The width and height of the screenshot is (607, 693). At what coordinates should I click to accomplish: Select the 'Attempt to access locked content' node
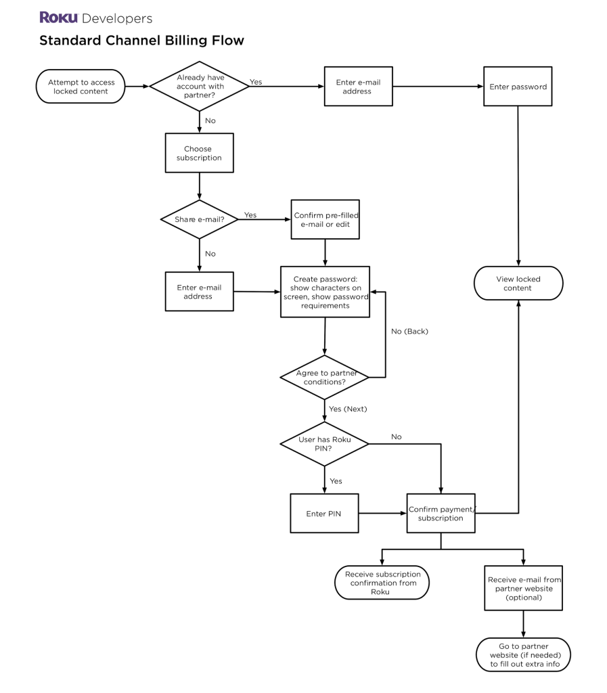coord(82,87)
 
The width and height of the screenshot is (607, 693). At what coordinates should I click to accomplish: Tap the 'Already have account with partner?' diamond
coord(200,87)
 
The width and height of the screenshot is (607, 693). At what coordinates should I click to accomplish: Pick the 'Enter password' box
coord(518,87)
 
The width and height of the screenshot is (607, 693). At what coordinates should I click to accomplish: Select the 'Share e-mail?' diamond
coord(200,219)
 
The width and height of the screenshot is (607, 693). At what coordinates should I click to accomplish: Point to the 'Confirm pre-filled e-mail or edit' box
coord(325,219)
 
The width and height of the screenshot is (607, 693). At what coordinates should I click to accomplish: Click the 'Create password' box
coord(325,292)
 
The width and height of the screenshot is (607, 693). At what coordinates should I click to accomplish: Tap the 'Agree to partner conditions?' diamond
coord(325,378)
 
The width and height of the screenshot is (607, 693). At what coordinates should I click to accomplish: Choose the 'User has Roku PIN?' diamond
coord(325,444)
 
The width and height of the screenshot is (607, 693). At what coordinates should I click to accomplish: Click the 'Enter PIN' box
coord(324,514)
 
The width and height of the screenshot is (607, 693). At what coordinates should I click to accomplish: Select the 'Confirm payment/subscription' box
coord(441,514)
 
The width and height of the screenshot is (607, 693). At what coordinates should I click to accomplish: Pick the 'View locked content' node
coord(519,283)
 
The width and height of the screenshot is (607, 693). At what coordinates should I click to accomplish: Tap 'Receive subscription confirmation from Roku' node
coord(382,583)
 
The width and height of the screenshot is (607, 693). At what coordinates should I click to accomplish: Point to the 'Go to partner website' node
coord(524,655)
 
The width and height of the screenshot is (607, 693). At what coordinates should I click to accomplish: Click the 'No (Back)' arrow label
coord(410,332)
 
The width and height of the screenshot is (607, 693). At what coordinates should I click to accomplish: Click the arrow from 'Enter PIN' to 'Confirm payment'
coord(382,514)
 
